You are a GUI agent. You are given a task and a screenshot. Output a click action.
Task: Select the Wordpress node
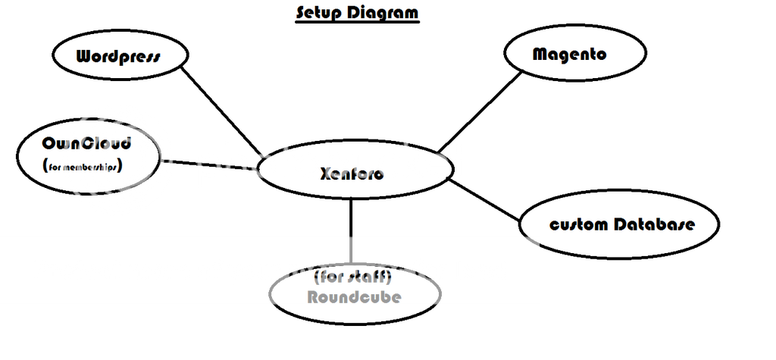click(x=120, y=57)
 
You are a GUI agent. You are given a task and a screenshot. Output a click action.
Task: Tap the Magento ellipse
click(x=575, y=54)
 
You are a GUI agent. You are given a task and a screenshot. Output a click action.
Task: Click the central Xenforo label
click(x=352, y=174)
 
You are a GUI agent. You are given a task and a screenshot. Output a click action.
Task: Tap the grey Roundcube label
click(x=354, y=296)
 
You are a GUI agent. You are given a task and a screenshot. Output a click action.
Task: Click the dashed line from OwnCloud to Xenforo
click(x=208, y=164)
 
